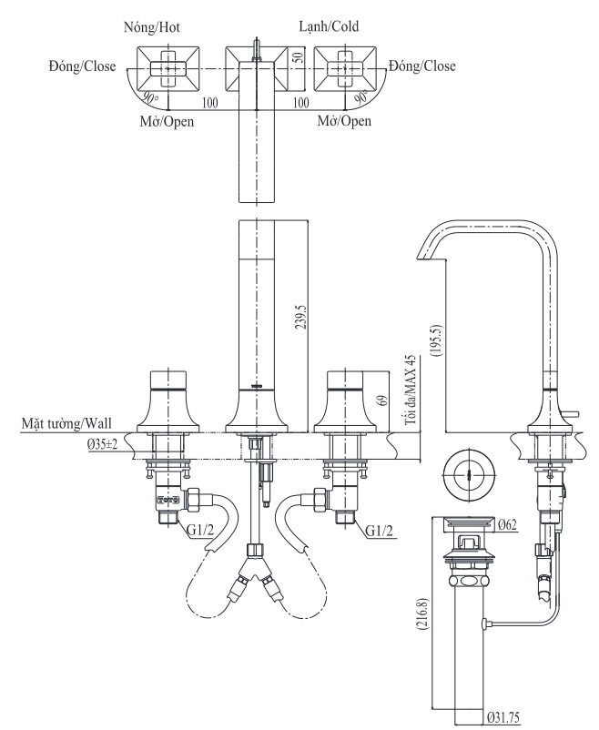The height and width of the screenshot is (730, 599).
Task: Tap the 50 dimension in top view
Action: point(296,56)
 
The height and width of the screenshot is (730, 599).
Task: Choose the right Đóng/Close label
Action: point(421,66)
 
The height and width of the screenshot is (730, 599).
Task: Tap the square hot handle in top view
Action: point(167,66)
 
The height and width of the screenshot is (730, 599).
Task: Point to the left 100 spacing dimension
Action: point(209,104)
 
